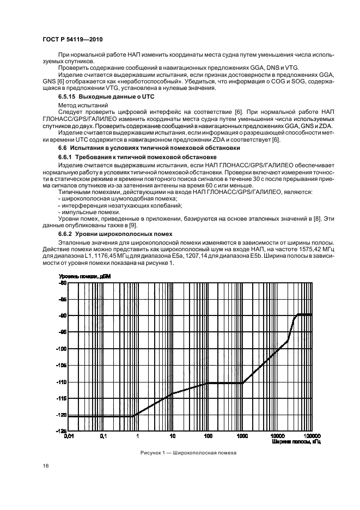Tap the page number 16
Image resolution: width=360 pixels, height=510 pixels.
click(46, 465)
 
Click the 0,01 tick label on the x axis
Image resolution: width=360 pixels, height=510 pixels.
click(69, 436)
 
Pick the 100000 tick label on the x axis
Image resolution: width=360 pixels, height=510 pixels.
click(311, 436)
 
